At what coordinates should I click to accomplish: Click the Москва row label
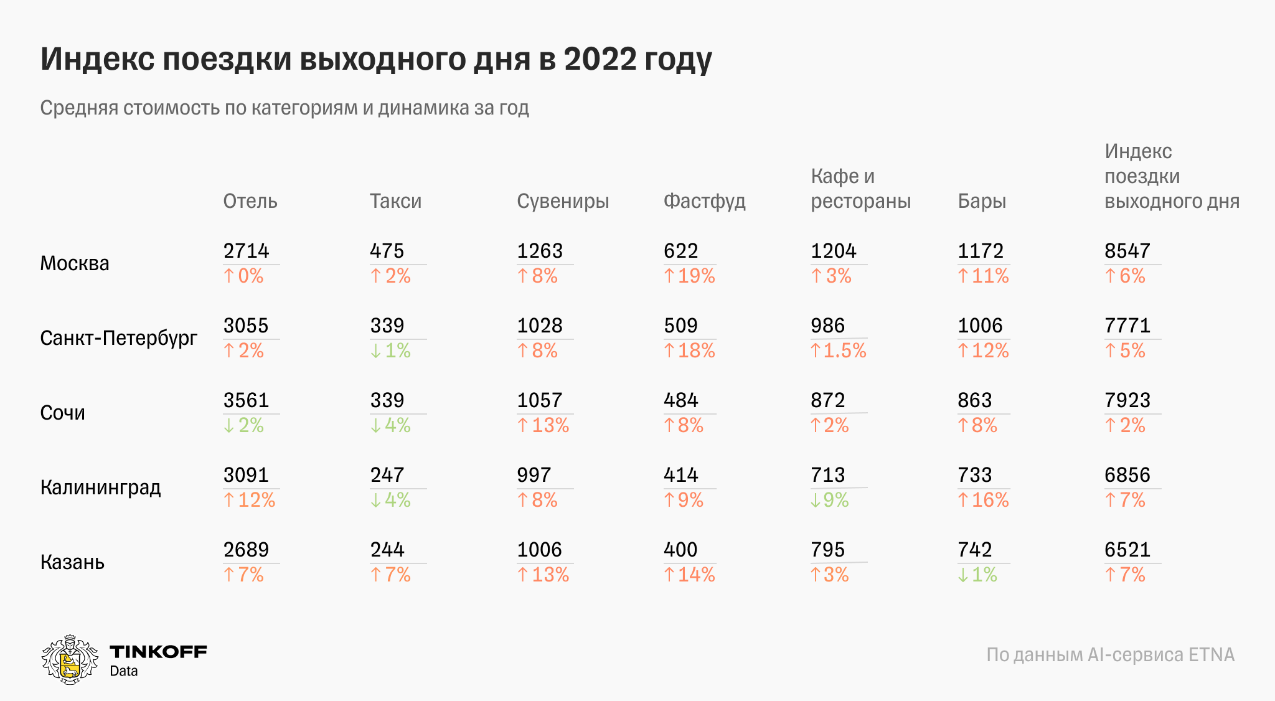75,263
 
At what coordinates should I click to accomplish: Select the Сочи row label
62,413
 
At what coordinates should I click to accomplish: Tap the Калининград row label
100,487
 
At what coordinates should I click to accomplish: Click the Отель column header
250,201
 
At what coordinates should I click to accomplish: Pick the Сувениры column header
563,201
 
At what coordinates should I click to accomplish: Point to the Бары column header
982,201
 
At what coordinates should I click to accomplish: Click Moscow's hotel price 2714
246,251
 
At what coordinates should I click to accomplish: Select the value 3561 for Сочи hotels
246,400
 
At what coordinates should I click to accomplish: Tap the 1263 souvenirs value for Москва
540,251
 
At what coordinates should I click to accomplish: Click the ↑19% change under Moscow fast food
689,276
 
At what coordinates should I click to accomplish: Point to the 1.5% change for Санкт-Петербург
839,350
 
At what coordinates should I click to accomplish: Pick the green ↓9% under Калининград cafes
830,500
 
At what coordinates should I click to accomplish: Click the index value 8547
1127,251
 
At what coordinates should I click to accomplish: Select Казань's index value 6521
1127,550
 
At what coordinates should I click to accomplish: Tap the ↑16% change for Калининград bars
983,500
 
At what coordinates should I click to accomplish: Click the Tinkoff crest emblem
70,660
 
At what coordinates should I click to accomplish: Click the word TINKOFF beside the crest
158,652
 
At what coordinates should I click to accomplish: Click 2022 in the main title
600,59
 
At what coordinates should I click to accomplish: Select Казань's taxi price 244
387,550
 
